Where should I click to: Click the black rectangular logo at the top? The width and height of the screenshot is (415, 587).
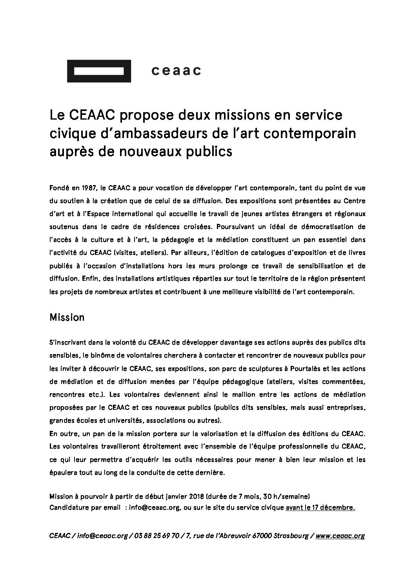pyautogui.click(x=99, y=71)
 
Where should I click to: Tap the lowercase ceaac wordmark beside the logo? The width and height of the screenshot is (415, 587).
pyautogui.click(x=176, y=71)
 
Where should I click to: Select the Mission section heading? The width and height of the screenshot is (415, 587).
pyautogui.click(x=67, y=317)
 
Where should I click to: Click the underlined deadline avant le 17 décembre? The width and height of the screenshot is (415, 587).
pyautogui.click(x=320, y=507)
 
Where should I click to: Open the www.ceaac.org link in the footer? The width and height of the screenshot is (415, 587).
pyautogui.click(x=340, y=536)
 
